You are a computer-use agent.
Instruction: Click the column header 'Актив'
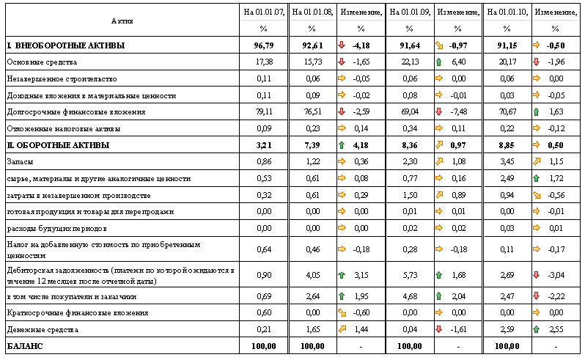tap(122, 20)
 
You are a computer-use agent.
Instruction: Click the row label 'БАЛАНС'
tap(25, 345)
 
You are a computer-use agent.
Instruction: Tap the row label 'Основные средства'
tap(41, 62)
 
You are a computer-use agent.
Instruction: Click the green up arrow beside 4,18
tap(342, 145)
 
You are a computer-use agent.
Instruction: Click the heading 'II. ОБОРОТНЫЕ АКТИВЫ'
tap(58, 145)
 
